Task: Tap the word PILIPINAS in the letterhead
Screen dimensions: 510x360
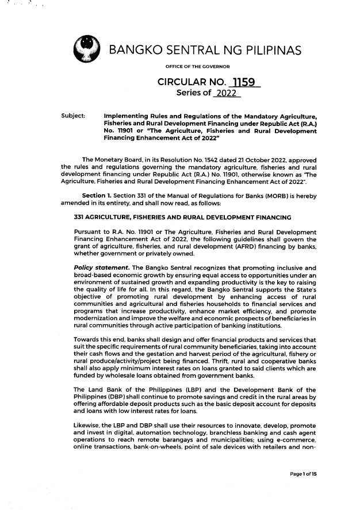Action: tap(267, 52)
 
